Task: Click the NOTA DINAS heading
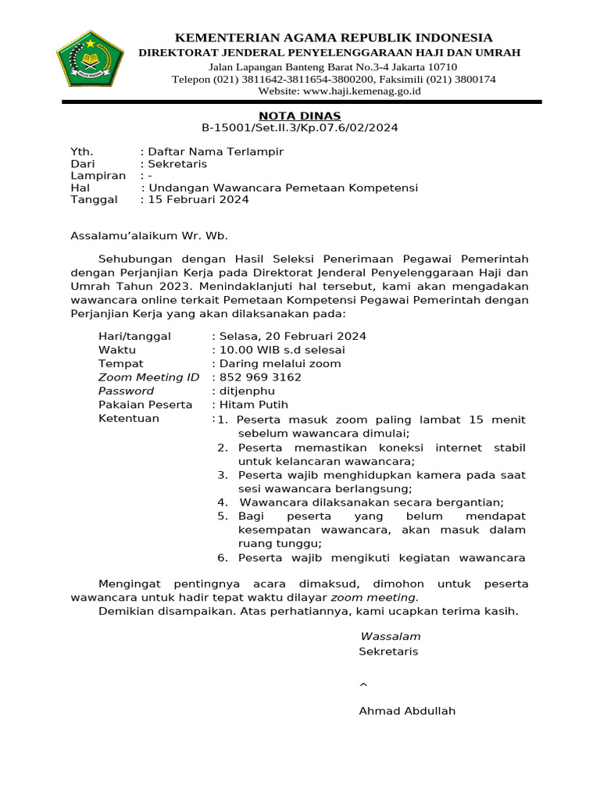coord(300,116)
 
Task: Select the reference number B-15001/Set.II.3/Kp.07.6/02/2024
coord(300,128)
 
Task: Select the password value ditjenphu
coord(245,391)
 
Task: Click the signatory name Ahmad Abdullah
coord(406,711)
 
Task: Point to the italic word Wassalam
coord(390,636)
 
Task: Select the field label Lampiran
coord(98,176)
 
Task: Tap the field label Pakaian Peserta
coord(145,405)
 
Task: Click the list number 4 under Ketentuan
coord(222,502)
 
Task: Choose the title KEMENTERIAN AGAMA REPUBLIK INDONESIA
coord(333,37)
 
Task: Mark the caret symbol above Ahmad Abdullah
coord(362,685)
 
